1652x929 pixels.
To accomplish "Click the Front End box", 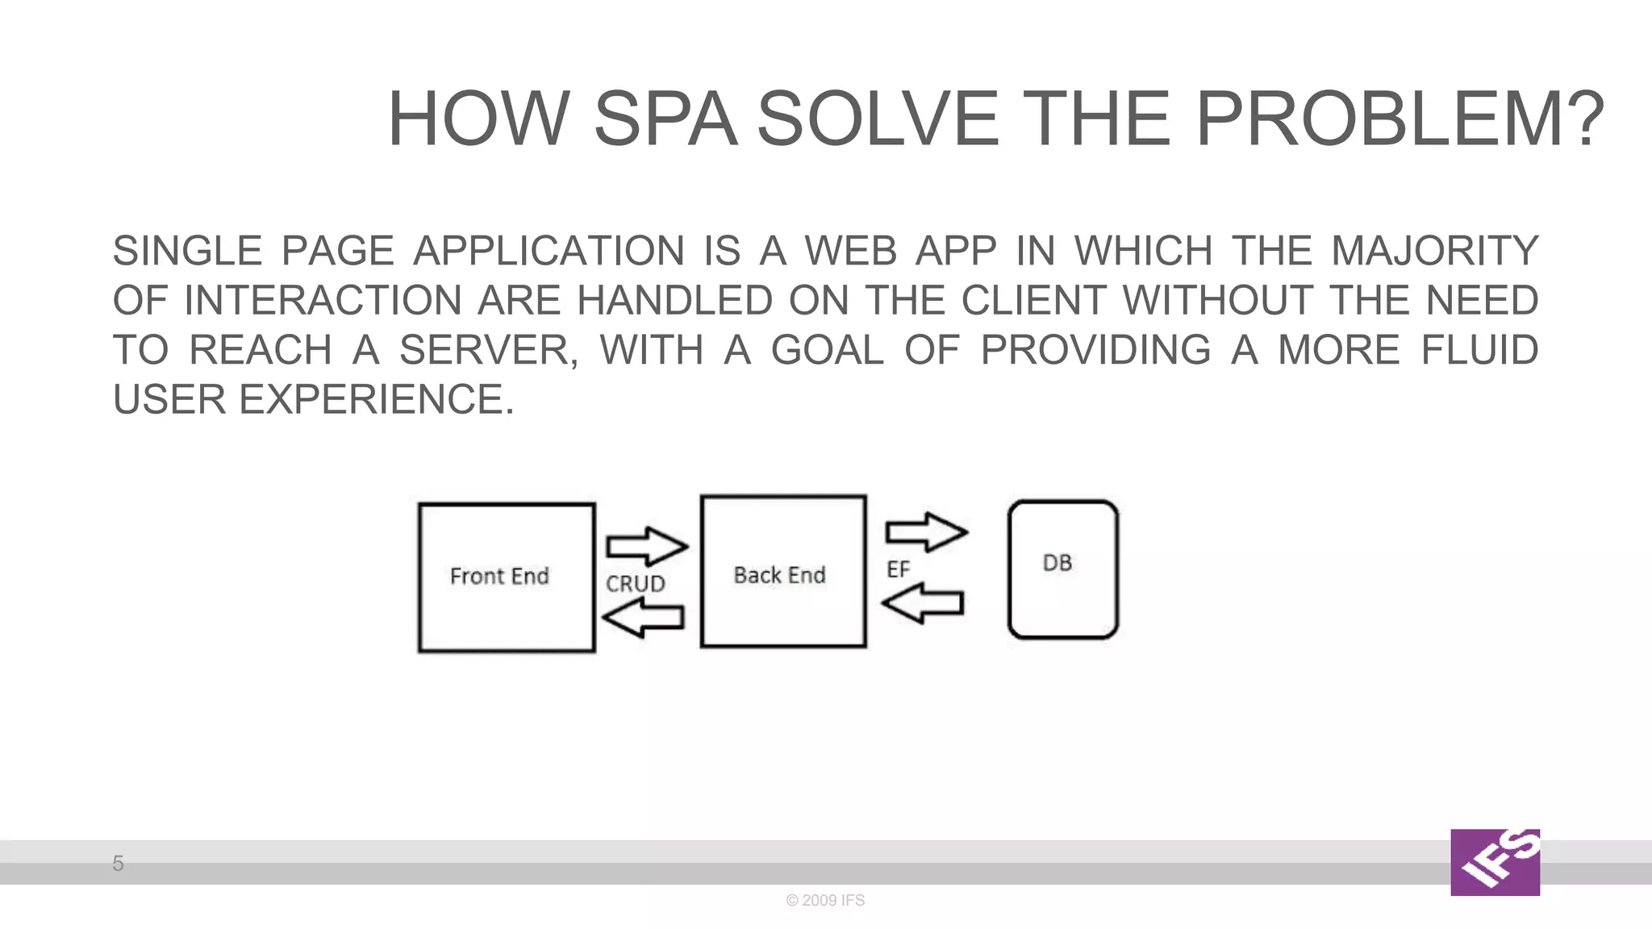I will tap(507, 577).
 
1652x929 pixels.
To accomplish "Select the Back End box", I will tap(783, 572).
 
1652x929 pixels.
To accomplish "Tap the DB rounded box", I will tap(1062, 569).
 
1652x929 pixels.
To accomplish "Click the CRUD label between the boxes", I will tap(636, 583).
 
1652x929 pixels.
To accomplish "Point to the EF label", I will tap(898, 569).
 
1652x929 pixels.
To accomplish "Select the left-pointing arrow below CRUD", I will tap(644, 618).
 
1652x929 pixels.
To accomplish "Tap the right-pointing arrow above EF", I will tap(926, 531).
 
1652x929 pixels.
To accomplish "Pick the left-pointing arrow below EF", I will tap(923, 603).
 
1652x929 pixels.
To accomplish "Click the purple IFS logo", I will tap(1495, 862).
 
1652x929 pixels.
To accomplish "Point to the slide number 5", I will tap(118, 863).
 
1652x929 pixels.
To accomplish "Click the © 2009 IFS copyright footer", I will tap(825, 900).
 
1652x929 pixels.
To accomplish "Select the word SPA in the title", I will tap(665, 119).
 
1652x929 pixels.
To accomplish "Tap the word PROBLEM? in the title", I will tap(1400, 119).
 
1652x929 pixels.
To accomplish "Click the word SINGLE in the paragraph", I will tap(187, 251).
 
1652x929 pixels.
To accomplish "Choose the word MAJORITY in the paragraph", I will tap(1434, 251).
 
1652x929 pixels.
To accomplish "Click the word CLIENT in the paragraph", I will tap(1032, 301).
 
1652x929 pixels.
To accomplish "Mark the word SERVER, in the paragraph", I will tap(489, 351).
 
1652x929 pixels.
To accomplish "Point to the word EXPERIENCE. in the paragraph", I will tap(377, 400).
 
